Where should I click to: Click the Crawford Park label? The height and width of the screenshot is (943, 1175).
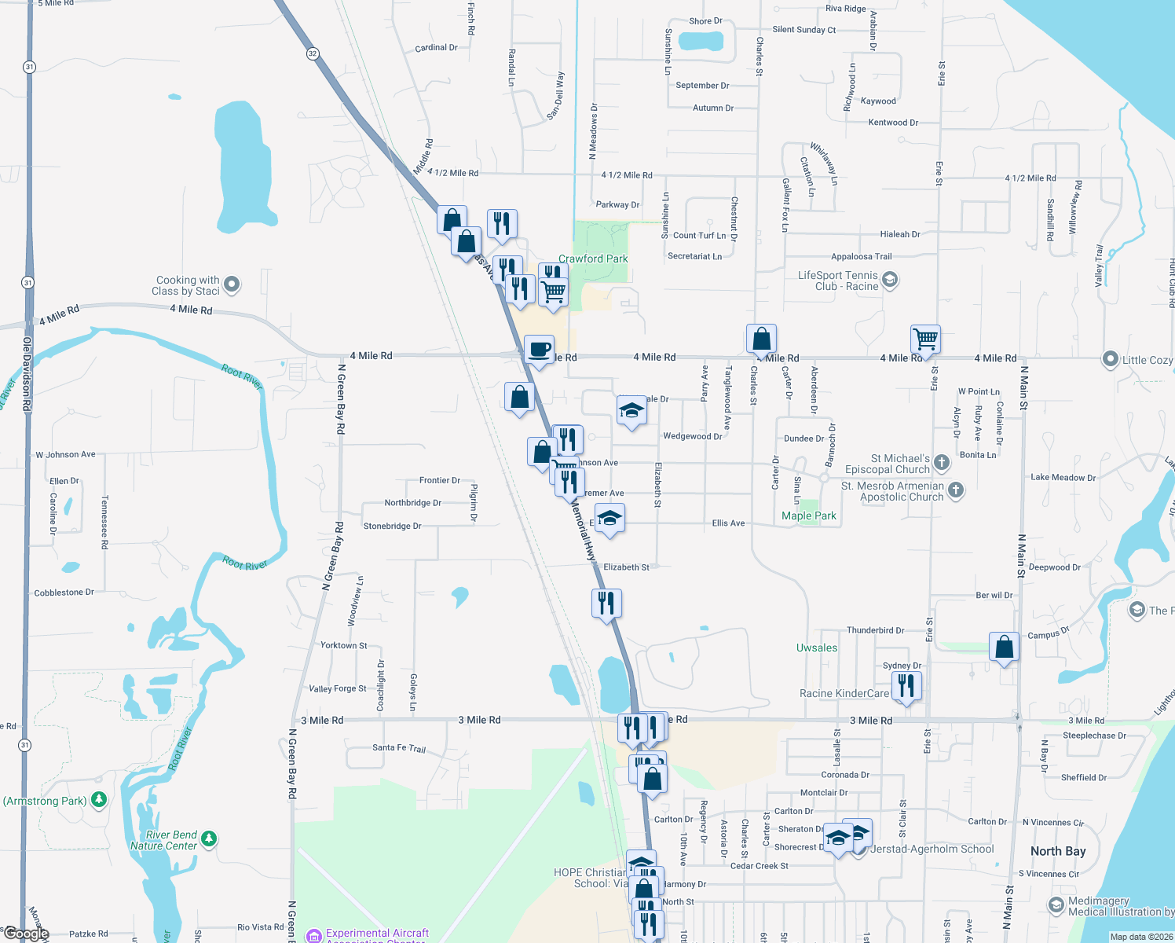coord(593,259)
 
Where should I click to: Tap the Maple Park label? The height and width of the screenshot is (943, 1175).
coord(808,516)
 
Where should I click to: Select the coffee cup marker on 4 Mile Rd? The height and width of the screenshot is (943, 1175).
coord(539,349)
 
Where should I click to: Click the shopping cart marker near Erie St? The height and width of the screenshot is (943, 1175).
coord(926,339)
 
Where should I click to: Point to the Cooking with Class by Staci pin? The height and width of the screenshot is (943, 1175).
coord(232,284)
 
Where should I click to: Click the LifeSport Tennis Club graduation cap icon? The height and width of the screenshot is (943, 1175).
coord(890,279)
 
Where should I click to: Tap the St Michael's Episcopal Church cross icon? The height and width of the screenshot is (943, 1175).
coord(943,462)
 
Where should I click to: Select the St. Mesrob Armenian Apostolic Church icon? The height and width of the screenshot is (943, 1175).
coord(956,490)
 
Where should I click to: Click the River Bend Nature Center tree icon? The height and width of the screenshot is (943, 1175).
coord(209,838)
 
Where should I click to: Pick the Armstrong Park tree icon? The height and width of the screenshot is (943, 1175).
coord(99,800)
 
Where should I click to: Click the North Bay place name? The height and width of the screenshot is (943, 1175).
coord(1058,851)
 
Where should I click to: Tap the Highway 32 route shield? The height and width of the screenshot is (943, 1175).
coord(313,53)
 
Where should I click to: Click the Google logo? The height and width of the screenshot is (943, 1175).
coord(26,934)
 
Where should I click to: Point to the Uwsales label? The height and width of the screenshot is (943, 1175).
coord(817,648)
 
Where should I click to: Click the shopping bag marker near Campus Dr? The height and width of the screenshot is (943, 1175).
coord(1005,648)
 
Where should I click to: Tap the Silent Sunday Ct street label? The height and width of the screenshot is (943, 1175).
coord(804,30)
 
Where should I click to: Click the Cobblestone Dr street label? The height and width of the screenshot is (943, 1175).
coord(64,593)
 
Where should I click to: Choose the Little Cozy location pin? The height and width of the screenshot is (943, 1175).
coord(1110,359)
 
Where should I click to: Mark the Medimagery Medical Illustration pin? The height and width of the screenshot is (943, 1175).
coord(1056,905)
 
